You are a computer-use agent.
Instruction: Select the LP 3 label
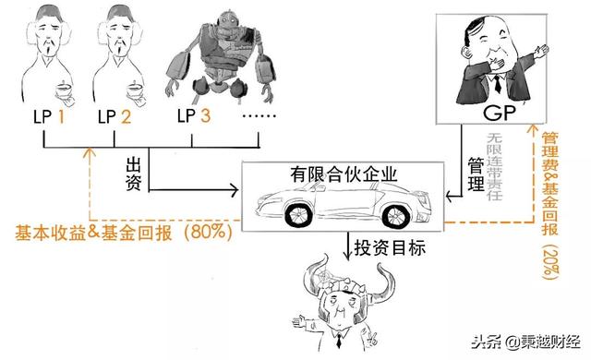click(x=194, y=117)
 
